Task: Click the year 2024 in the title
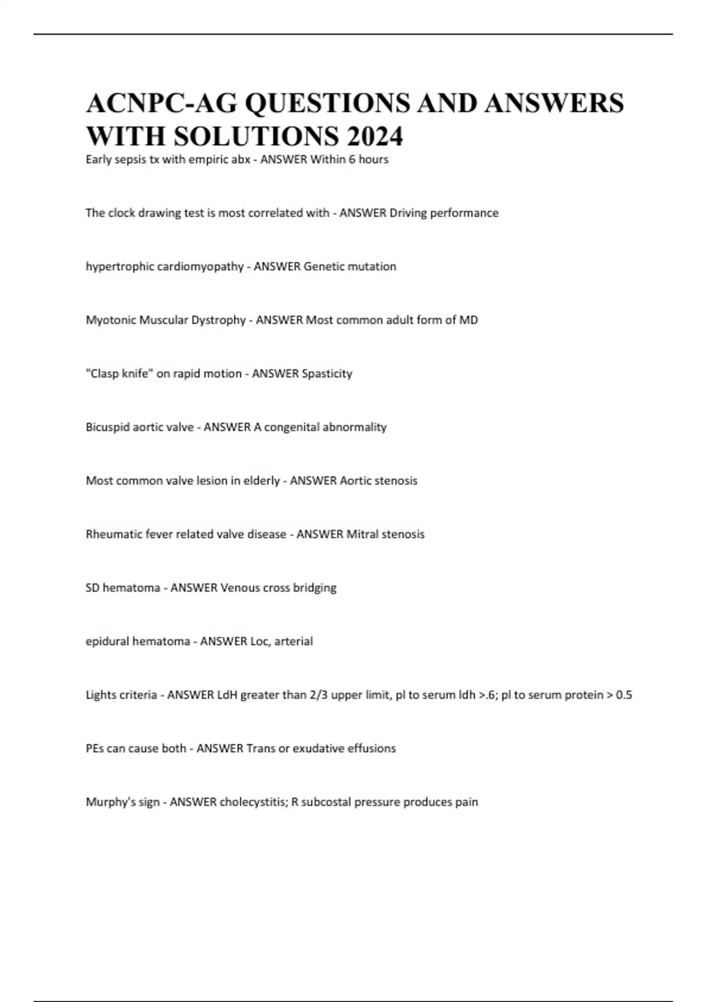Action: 375,136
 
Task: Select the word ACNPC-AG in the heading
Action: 162,103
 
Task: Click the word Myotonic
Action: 111,320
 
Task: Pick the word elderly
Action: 262,481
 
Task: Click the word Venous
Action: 240,588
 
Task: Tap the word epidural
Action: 107,641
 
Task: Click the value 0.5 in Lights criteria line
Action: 623,695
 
